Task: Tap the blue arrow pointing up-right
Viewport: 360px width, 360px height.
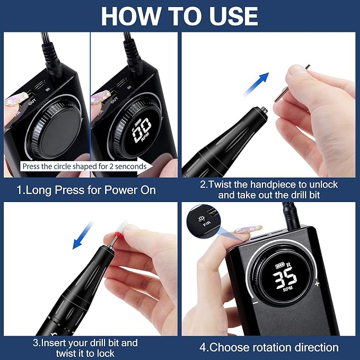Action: coord(257,84)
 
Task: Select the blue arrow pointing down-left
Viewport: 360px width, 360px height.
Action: coord(83,235)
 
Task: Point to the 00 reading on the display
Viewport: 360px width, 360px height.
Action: coord(142,130)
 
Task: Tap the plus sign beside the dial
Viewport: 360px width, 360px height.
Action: coord(317,284)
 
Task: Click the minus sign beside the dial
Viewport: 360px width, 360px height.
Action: coord(256,303)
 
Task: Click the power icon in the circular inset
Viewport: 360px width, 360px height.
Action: coord(201,218)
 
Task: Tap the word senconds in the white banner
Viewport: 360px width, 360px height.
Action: coord(131,166)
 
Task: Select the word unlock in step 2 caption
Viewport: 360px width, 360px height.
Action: coord(323,185)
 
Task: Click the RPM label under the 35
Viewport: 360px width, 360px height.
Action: coord(288,289)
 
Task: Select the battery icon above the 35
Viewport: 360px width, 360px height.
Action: coord(280,266)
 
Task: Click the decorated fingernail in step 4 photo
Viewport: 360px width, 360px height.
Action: coord(249,230)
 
